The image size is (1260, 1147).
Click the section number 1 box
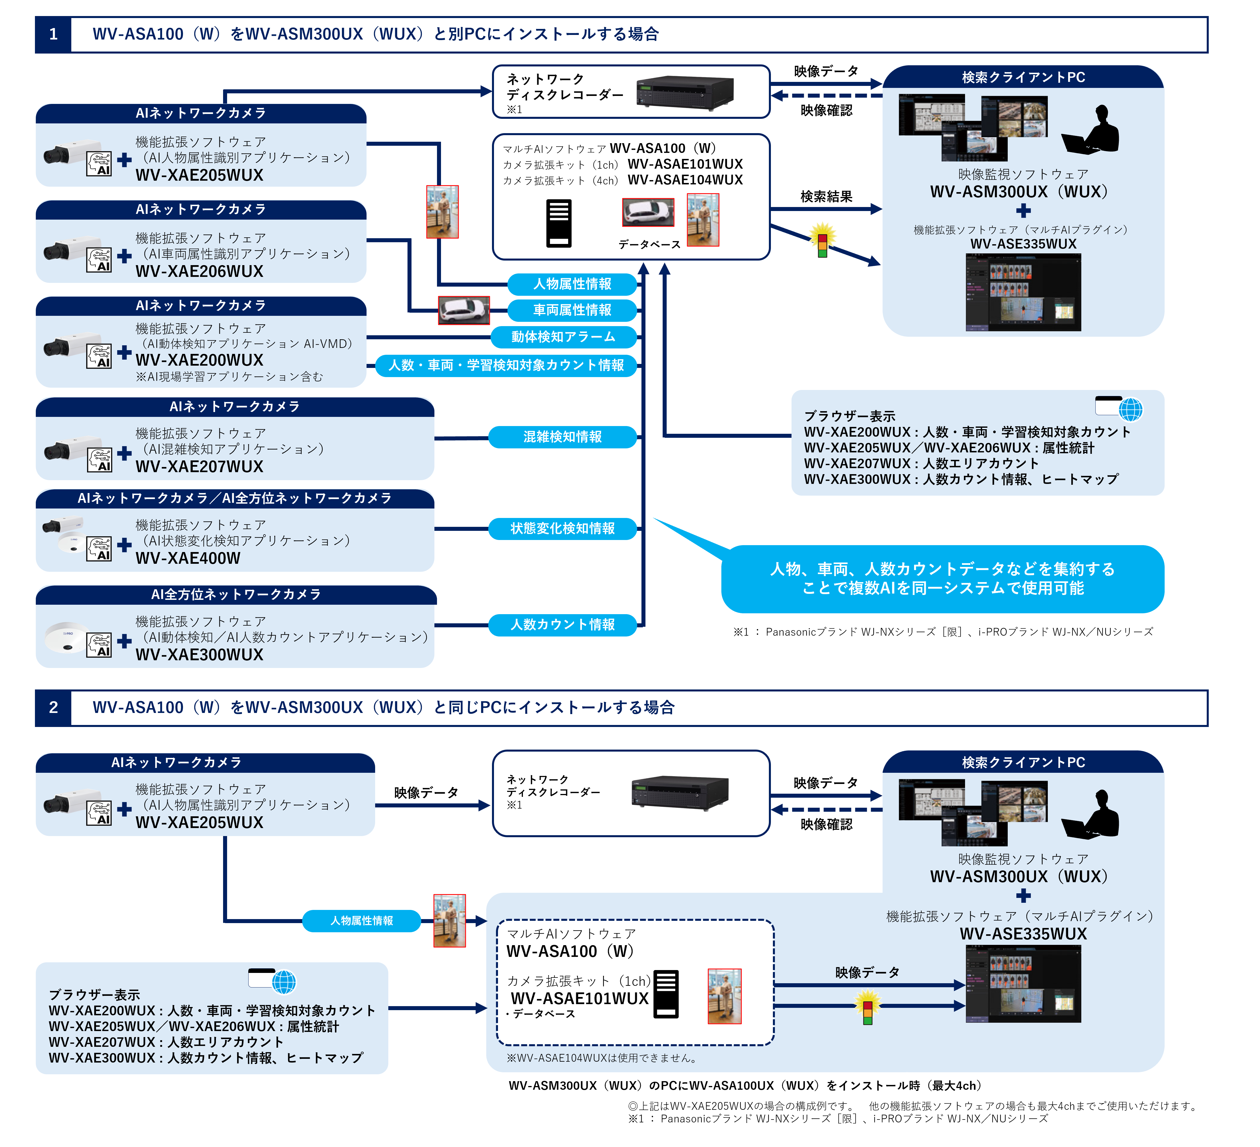[x=53, y=34]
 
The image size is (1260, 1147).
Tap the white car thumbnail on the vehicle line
[x=464, y=310]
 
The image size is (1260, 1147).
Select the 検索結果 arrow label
[x=826, y=197]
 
